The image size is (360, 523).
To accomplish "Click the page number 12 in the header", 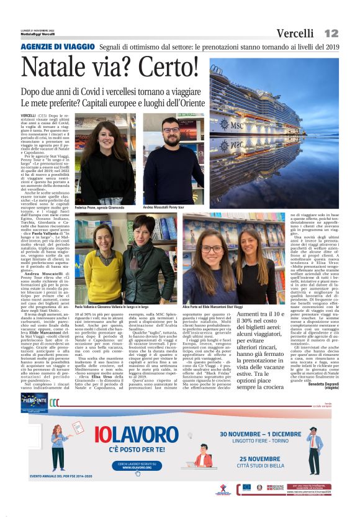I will [331, 33].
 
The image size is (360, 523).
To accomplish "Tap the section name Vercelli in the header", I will [295, 34].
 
